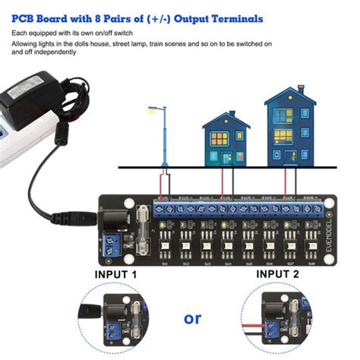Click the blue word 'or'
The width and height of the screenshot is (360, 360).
pyautogui.click(x=193, y=317)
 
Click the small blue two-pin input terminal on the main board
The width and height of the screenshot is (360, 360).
pyautogui.click(x=112, y=245)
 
